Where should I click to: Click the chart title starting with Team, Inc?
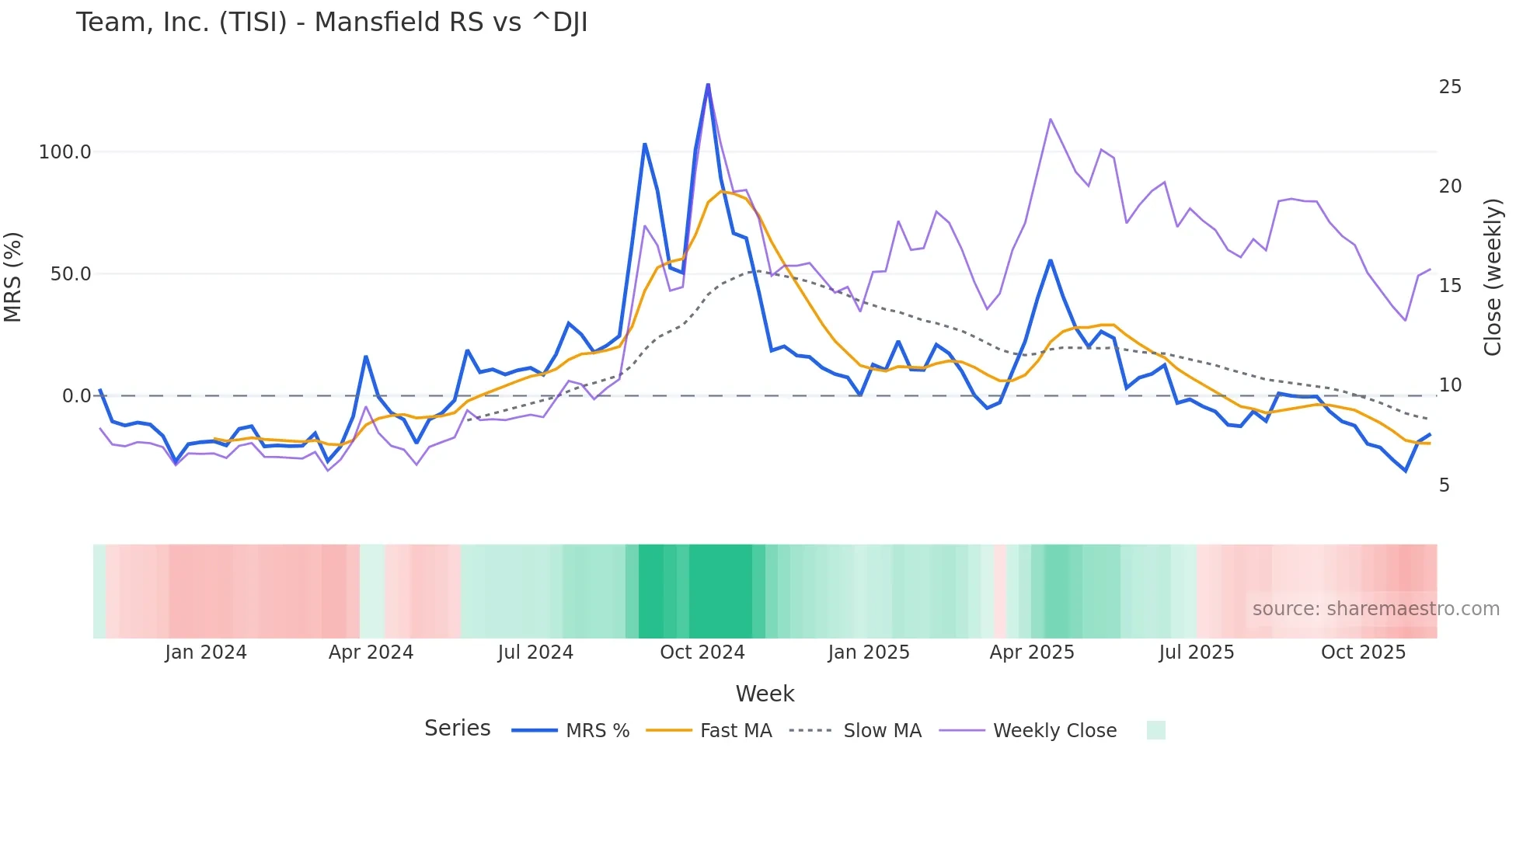point(332,23)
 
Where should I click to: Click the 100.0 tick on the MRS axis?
point(64,152)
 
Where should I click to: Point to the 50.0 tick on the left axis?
point(70,274)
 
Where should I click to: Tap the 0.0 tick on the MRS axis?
point(76,396)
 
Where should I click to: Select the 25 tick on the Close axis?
point(1450,87)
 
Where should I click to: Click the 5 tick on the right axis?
point(1445,485)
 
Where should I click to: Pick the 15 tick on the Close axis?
point(1450,286)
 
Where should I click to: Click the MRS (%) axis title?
point(13,277)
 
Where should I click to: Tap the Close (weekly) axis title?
point(1492,277)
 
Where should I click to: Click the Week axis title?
point(765,694)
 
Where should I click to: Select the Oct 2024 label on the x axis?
point(702,652)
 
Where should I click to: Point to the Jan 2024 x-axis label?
point(206,652)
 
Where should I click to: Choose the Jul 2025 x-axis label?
point(1197,652)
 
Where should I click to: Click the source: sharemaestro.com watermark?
point(1375,609)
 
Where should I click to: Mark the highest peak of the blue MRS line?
point(708,84)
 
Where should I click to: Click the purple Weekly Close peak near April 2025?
point(1050,120)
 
